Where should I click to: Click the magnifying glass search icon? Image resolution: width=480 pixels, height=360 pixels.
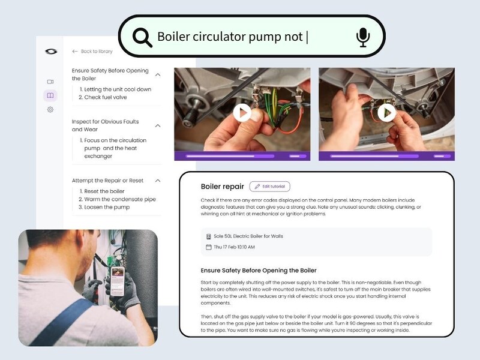(142, 37)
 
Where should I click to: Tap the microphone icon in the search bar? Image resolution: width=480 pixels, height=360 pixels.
(363, 37)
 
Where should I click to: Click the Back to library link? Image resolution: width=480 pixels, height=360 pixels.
(92, 52)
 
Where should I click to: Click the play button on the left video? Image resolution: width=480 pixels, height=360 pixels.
(242, 113)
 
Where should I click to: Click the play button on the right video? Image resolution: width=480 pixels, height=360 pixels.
(386, 113)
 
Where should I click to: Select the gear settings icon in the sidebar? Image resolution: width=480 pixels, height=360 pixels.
(50, 109)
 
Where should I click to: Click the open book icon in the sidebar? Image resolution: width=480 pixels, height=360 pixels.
(50, 95)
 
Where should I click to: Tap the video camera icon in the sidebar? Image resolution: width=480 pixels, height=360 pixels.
(50, 82)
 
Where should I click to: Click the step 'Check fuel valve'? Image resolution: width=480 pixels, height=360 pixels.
(103, 97)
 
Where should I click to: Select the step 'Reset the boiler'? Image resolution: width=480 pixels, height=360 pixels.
(102, 191)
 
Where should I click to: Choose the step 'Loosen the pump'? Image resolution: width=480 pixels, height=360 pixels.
(104, 207)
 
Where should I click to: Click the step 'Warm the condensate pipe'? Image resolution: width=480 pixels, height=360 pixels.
(117, 199)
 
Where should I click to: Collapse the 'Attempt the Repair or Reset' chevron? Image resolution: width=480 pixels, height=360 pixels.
(158, 181)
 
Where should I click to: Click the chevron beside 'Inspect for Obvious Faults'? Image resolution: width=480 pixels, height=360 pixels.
(158, 126)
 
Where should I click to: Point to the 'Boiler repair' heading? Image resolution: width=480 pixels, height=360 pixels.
(222, 187)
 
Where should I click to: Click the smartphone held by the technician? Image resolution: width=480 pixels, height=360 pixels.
(118, 281)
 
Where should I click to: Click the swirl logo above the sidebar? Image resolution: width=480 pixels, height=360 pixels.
(51, 52)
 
